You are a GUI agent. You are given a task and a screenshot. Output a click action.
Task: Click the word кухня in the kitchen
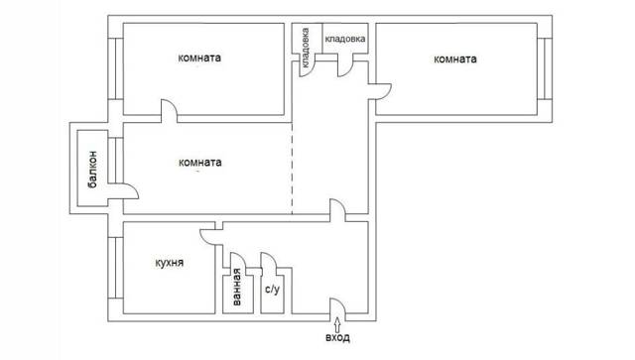click(x=170, y=263)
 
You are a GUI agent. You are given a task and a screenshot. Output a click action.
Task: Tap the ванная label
click(x=237, y=287)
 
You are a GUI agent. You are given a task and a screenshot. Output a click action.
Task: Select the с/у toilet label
click(x=272, y=290)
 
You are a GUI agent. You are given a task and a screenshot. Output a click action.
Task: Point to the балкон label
click(x=92, y=170)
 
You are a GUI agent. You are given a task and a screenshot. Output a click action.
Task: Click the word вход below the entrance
click(x=337, y=337)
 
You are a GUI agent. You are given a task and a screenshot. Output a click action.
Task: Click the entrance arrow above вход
click(x=337, y=324)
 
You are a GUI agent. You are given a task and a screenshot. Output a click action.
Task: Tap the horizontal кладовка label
click(x=345, y=39)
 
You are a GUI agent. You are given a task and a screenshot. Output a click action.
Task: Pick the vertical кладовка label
click(x=306, y=48)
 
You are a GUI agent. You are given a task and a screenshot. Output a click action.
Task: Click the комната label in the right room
click(x=455, y=60)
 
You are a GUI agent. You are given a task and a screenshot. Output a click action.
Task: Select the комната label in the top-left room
click(x=199, y=58)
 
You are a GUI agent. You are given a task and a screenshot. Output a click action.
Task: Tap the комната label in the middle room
click(x=200, y=163)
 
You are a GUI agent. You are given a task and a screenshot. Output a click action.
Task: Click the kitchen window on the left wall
click(x=116, y=268)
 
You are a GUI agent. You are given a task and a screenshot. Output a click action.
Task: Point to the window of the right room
click(x=545, y=68)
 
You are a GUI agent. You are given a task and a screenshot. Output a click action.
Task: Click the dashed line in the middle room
click(x=292, y=168)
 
